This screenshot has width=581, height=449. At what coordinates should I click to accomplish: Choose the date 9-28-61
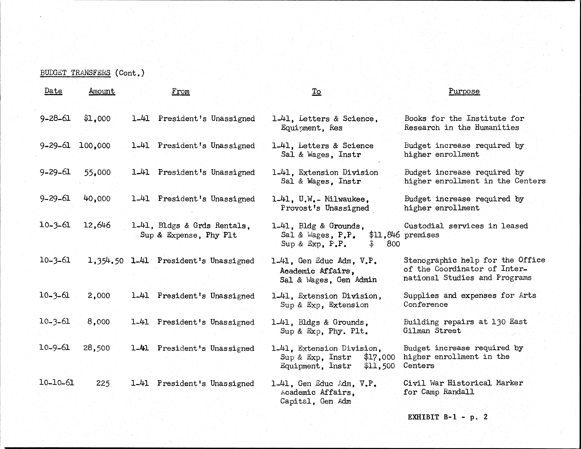click(55, 118)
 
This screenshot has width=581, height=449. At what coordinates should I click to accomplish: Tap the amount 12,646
click(97, 225)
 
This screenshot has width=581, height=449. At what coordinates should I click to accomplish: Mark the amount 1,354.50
click(106, 260)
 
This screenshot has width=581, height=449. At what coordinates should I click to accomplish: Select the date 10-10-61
click(56, 383)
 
